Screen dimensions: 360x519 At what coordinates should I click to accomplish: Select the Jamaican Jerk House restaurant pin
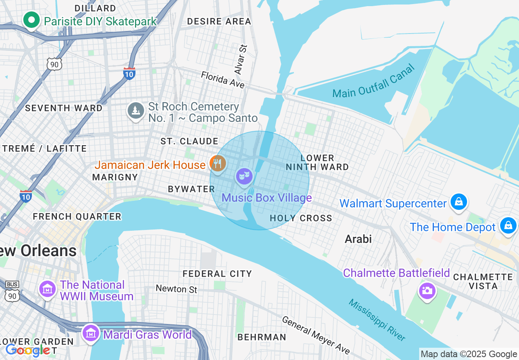coord(217,164)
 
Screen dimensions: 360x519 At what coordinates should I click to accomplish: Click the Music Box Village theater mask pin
coord(244,176)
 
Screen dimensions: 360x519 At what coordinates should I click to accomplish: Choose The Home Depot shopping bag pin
coord(508,226)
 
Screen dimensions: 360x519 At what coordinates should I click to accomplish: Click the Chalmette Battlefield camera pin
coord(427,290)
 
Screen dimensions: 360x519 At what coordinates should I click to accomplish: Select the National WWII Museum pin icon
coord(47,289)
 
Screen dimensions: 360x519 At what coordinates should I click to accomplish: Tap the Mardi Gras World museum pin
coord(90,333)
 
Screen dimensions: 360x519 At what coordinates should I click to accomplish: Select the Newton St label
coord(176,289)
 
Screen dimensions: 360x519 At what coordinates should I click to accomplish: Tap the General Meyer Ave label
coord(315,335)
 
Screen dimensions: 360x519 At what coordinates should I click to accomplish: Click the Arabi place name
coord(358,239)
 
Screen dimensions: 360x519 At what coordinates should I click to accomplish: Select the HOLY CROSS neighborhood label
coord(301,218)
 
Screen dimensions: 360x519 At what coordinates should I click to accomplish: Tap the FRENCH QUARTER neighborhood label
coord(77,216)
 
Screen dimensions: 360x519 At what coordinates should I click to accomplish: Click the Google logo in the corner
coord(28,351)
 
